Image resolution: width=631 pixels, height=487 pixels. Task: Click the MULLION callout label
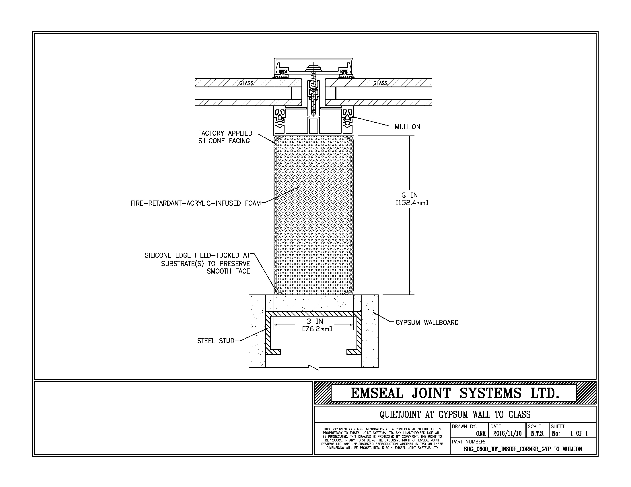407,127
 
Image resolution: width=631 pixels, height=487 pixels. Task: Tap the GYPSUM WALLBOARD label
427,323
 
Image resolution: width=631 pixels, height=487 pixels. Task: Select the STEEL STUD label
215,341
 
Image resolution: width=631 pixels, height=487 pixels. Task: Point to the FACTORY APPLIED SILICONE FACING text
225,137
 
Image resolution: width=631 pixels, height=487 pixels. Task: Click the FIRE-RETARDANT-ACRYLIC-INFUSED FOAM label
196,203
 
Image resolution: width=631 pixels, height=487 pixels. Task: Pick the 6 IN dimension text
410,195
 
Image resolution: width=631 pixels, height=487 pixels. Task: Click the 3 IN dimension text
315,321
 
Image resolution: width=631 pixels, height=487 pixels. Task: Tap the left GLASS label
246,83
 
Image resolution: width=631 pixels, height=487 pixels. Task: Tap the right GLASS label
380,83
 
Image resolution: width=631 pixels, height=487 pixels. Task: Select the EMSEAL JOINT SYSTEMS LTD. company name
455,393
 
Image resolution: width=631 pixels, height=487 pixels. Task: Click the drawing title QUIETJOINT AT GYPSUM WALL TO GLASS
455,415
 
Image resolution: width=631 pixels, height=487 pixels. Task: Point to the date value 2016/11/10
507,433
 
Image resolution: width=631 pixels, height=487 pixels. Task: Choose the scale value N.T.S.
537,433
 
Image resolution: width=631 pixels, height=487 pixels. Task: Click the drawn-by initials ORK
481,433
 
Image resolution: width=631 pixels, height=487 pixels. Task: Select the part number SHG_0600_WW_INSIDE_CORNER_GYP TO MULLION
523,449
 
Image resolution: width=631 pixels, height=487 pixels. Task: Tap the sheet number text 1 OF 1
579,433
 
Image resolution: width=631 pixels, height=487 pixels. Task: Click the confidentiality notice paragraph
382,439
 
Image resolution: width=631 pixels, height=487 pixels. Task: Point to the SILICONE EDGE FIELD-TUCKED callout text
197,263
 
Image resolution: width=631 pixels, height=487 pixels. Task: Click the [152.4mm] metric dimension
411,203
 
